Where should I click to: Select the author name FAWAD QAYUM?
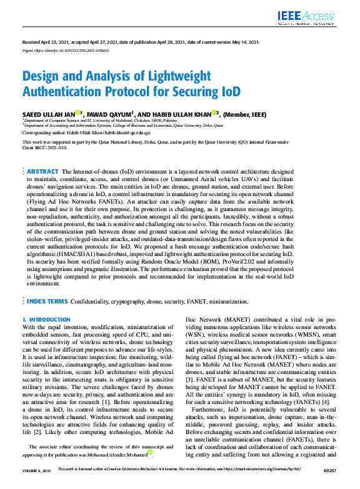(109, 114)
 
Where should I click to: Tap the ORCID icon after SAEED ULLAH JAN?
(78, 112)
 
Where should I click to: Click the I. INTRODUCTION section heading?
(46, 320)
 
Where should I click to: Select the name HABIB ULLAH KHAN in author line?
(183, 114)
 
